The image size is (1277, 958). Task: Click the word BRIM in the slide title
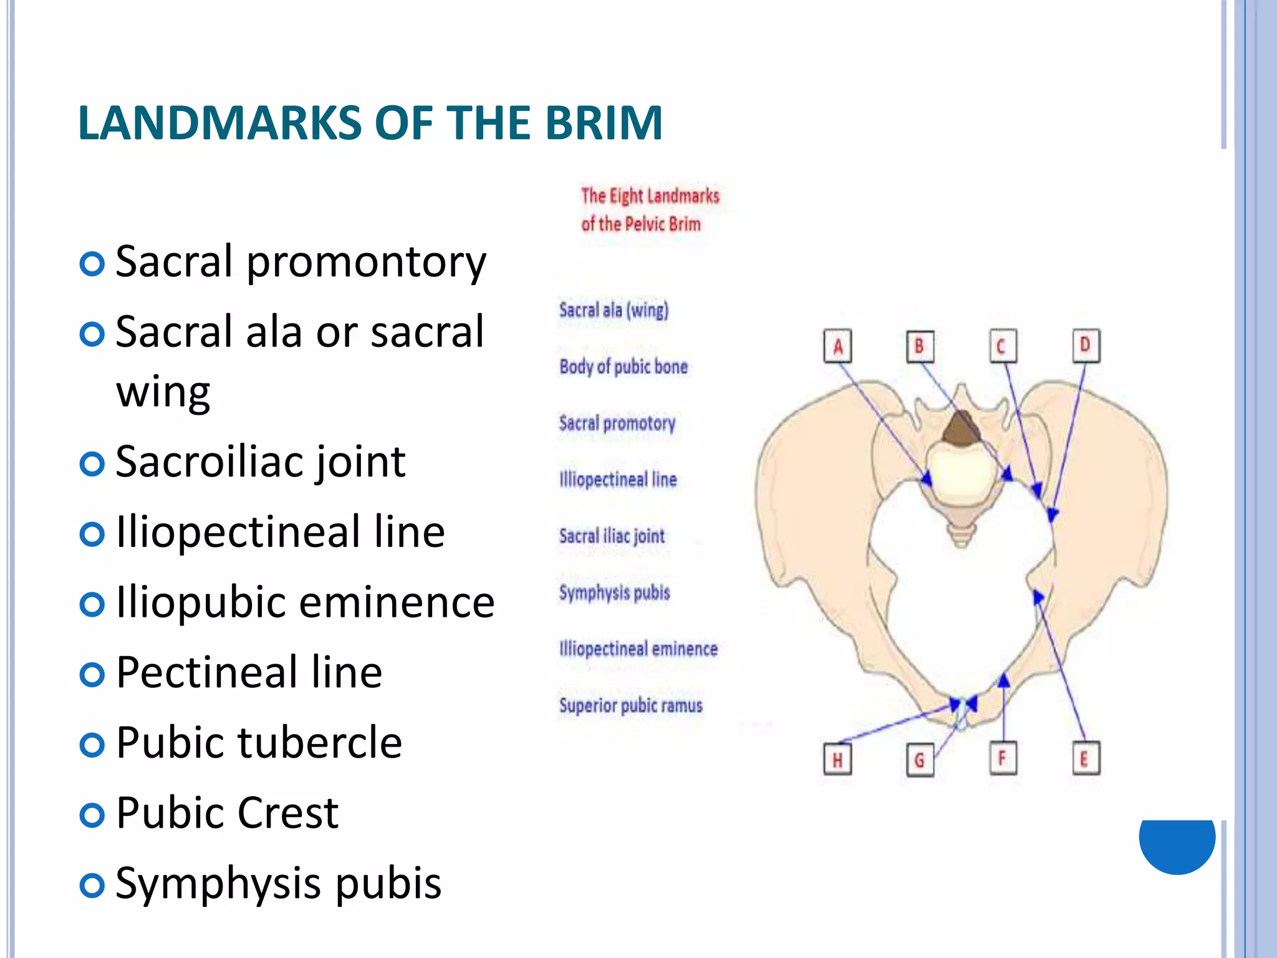tap(604, 123)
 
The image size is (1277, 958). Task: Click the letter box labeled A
tap(837, 346)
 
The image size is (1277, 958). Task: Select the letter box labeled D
tap(1086, 346)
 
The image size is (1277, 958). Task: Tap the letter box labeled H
tap(837, 759)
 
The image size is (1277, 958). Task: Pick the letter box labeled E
tap(1085, 758)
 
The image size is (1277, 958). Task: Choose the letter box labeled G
tap(920, 760)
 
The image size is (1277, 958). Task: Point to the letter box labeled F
tap(1003, 758)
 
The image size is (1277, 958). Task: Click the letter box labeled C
tap(1003, 346)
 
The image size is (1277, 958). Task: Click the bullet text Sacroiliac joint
tap(261, 462)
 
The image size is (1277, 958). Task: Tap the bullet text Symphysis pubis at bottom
tap(278, 883)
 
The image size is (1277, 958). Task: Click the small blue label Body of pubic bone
tap(623, 367)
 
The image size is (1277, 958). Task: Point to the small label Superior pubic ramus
tap(630, 705)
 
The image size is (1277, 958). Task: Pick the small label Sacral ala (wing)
tap(614, 310)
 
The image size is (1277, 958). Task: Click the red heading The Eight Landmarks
tap(650, 196)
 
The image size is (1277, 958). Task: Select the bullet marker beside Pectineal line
tap(92, 674)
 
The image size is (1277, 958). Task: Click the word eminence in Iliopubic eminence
tap(397, 603)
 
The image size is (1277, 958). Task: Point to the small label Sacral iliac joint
tap(612, 536)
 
